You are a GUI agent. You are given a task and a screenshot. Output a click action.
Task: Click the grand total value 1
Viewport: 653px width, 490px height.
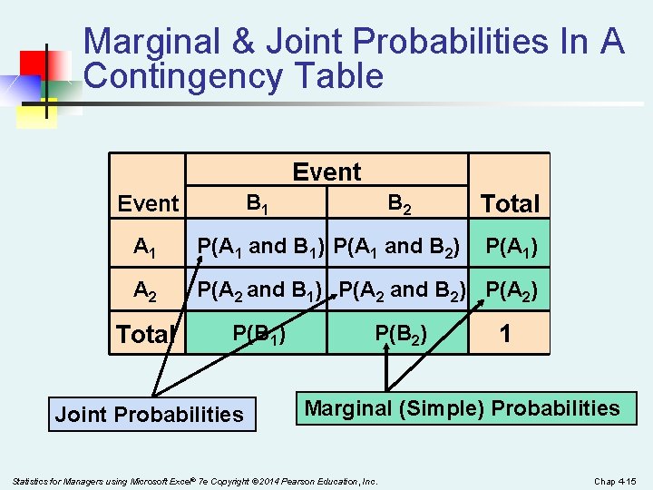click(x=505, y=334)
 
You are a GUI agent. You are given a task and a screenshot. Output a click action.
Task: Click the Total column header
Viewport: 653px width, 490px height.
click(x=510, y=204)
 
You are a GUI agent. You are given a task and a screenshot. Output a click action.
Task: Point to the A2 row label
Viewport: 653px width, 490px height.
click(x=145, y=291)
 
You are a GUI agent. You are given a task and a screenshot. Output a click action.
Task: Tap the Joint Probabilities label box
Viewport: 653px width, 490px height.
click(x=150, y=415)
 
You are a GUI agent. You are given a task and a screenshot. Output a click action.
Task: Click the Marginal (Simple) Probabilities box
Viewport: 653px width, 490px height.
click(x=463, y=408)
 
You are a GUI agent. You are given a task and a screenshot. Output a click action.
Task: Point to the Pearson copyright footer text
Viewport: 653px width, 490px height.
click(x=195, y=480)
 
